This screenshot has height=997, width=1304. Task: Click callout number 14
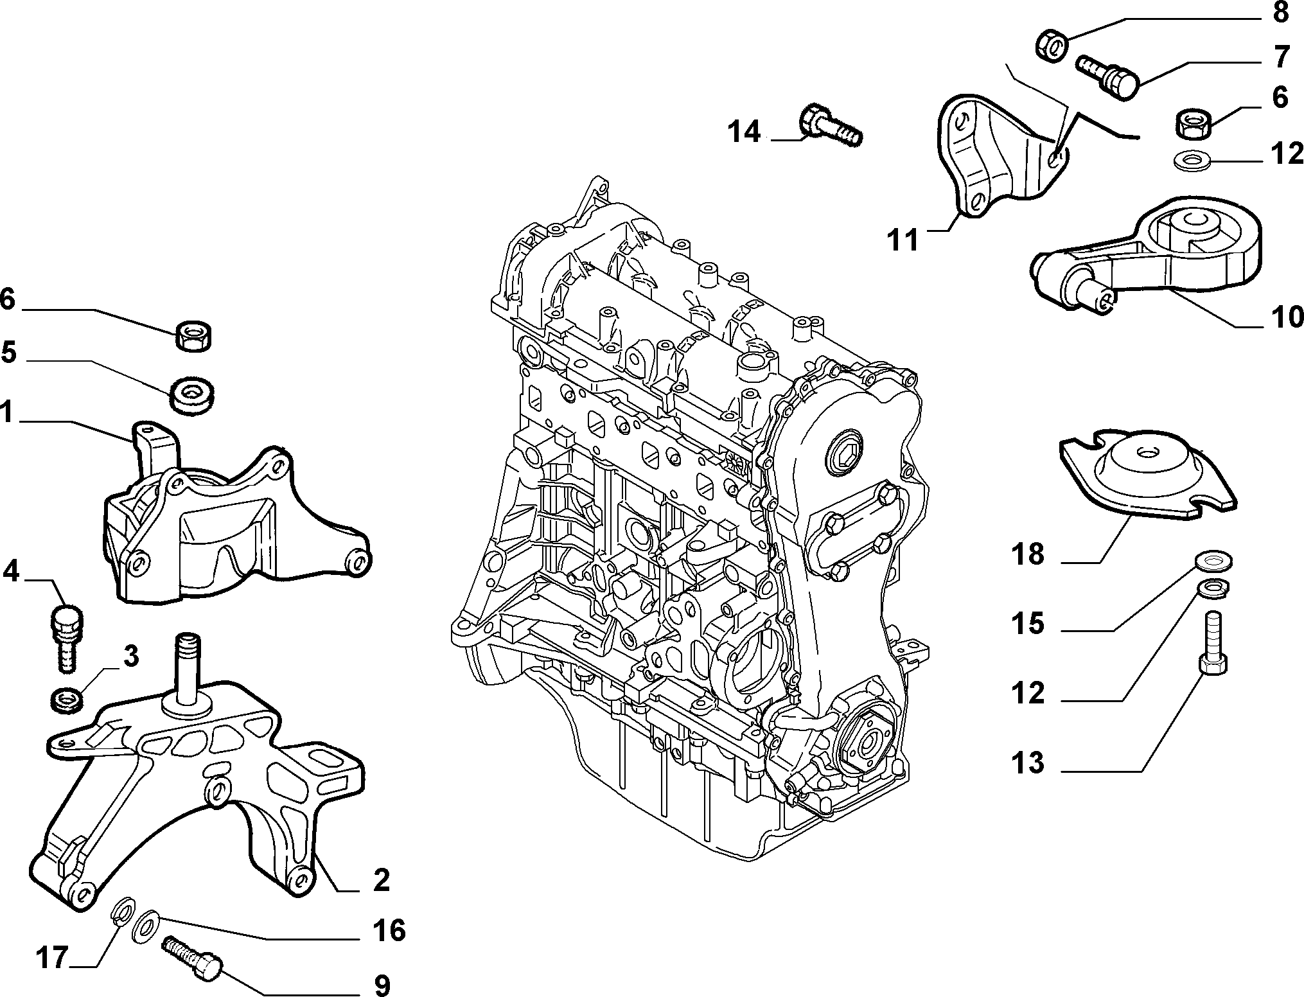[x=743, y=132]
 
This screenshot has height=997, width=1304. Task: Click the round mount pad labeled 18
[x=1149, y=479]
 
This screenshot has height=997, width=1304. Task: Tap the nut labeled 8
[x=1053, y=46]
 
